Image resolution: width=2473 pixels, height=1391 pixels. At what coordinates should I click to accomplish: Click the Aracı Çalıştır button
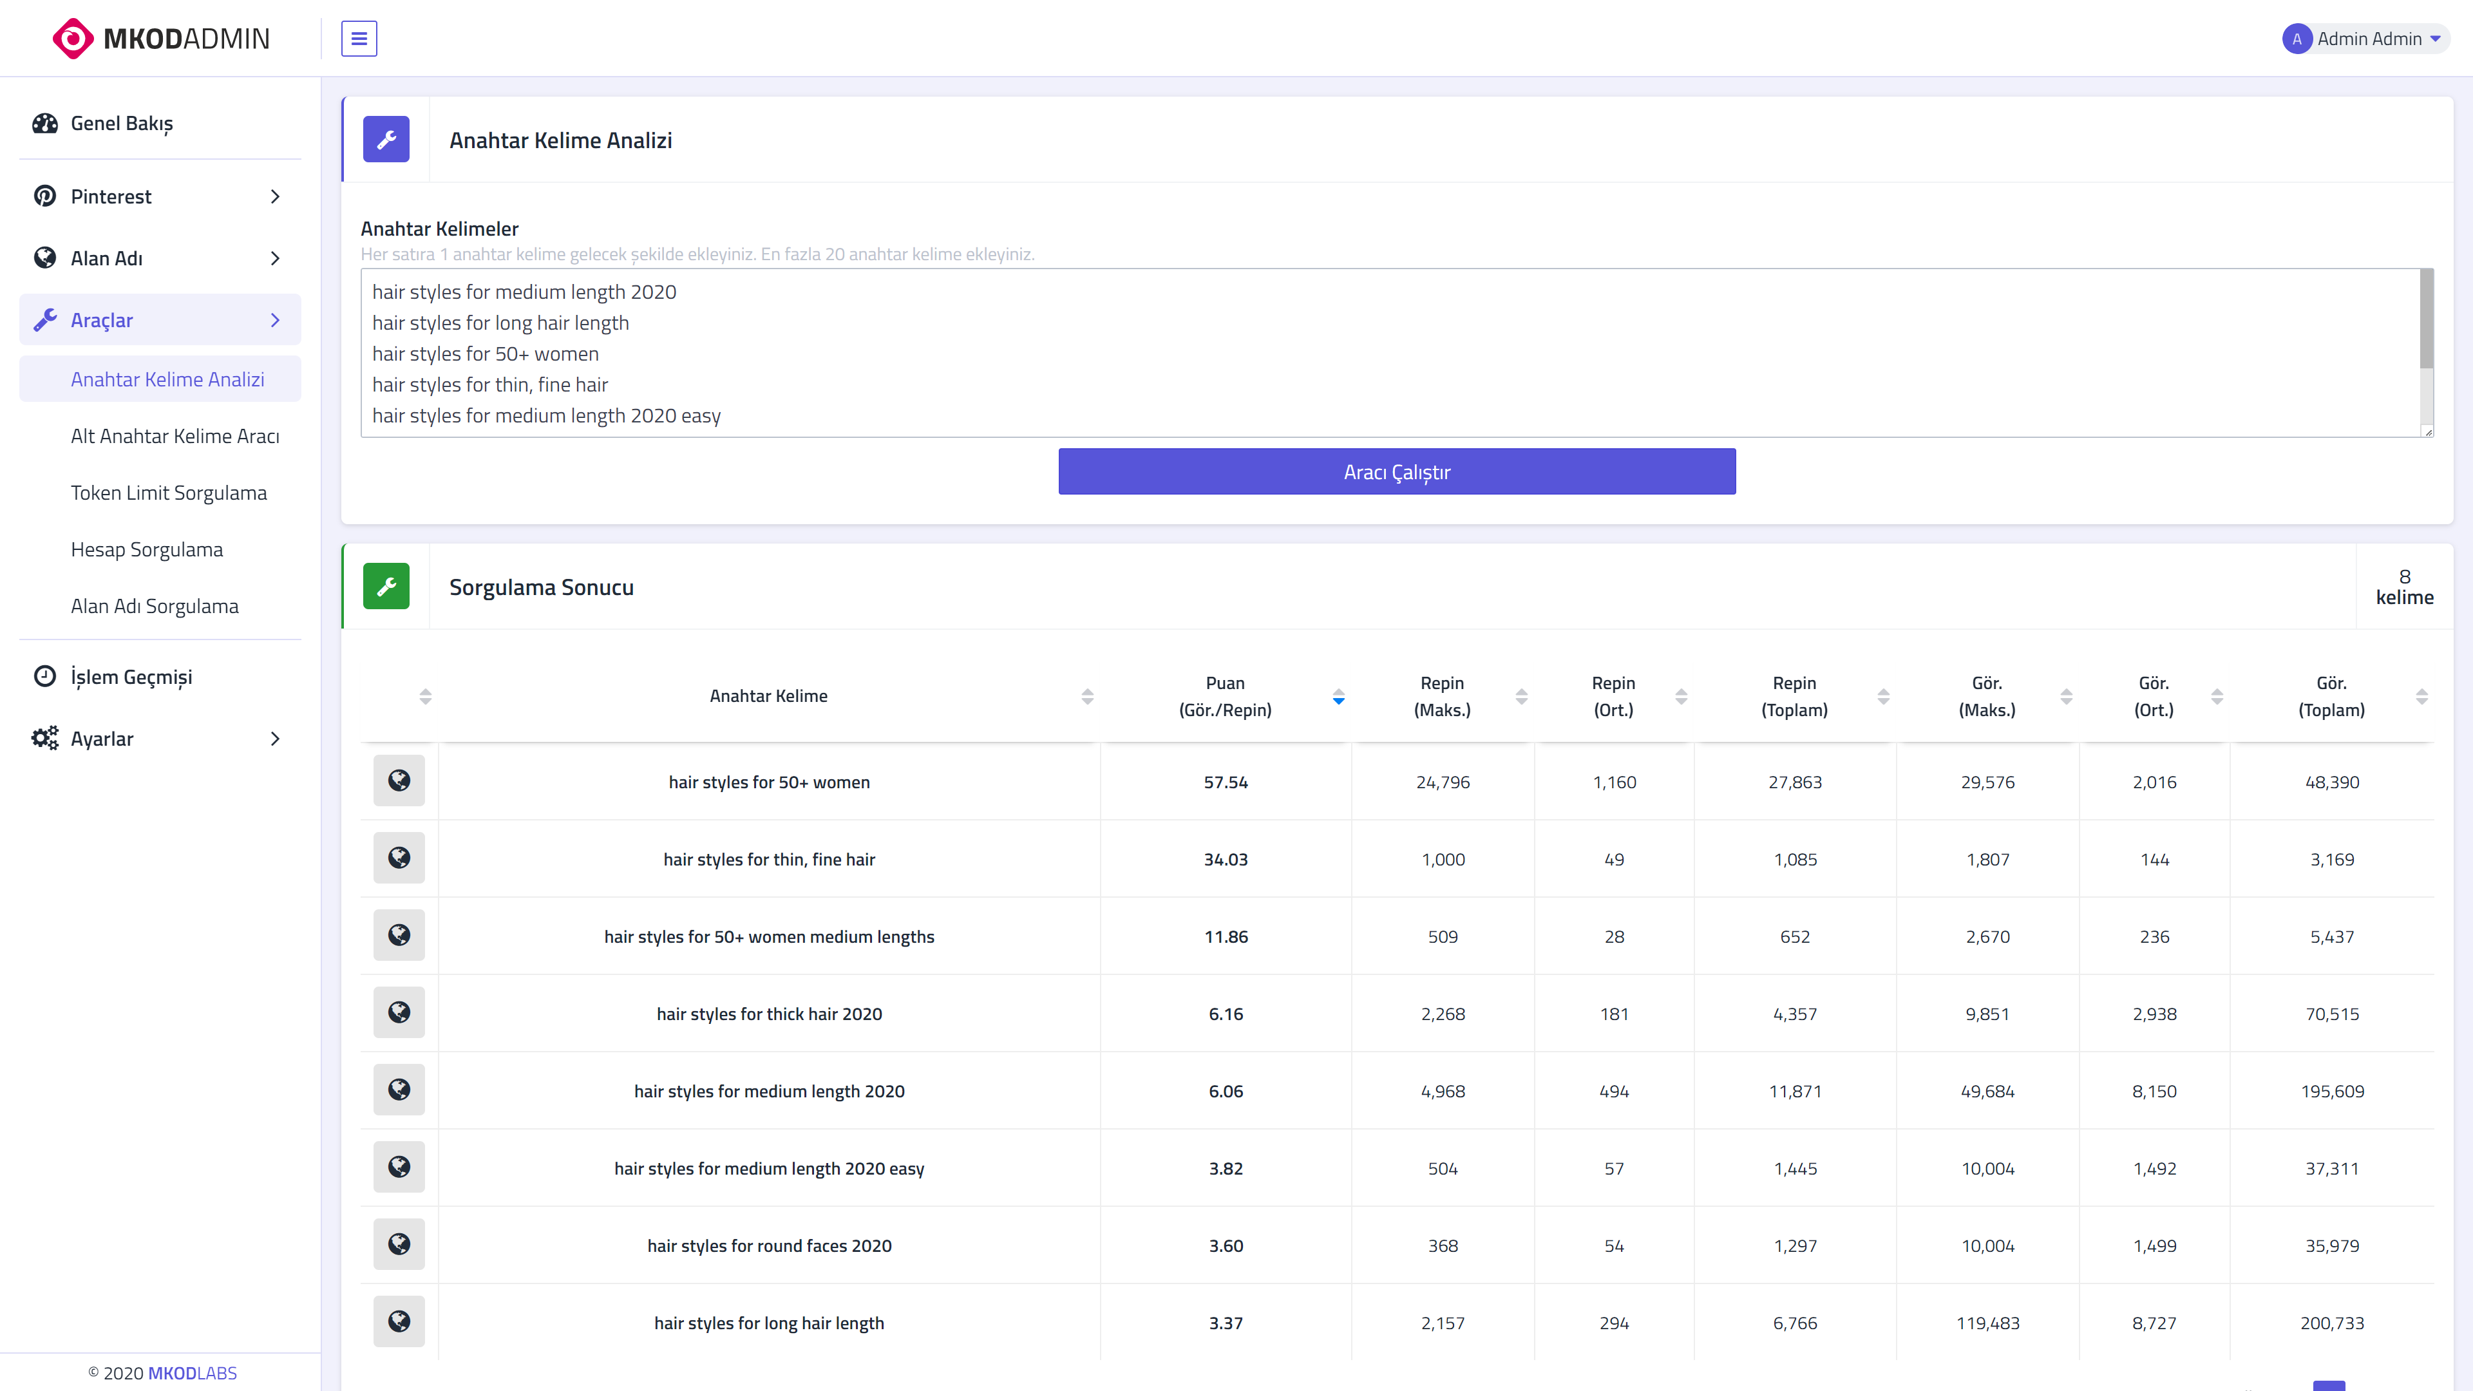(1397, 471)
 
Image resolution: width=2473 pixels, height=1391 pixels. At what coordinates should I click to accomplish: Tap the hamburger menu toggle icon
(359, 39)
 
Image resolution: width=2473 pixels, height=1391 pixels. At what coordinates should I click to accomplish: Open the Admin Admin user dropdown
(2365, 39)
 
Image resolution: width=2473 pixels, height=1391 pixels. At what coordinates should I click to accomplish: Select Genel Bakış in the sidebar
(122, 123)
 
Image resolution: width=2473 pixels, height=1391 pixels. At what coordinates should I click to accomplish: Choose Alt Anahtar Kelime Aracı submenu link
(175, 436)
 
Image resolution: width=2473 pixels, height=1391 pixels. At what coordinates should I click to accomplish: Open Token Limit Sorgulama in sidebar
(169, 493)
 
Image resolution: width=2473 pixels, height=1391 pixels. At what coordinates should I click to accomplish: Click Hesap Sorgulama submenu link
(147, 549)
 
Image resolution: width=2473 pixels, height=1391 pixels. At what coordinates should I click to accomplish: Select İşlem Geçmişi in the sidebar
(131, 677)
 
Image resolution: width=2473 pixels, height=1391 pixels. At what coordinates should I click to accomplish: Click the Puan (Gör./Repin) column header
(1225, 696)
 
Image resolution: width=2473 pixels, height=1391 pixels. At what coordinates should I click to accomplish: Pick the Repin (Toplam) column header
(1794, 696)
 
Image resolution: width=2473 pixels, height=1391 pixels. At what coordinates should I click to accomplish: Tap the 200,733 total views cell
(2332, 1323)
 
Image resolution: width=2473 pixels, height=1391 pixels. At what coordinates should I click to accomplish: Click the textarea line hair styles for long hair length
(500, 323)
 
